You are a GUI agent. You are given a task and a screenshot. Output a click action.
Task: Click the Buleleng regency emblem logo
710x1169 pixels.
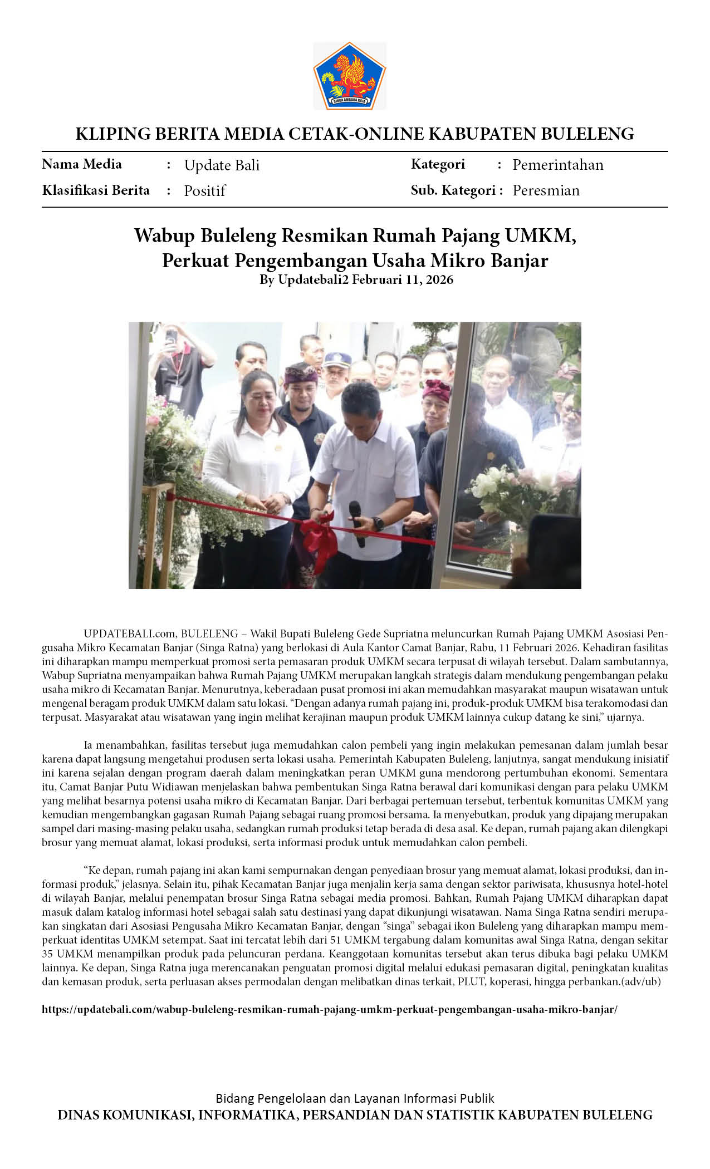(x=350, y=76)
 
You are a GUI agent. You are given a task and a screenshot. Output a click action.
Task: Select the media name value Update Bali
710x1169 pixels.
(x=222, y=165)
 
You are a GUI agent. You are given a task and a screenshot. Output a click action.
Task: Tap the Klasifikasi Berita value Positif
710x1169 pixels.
(x=204, y=191)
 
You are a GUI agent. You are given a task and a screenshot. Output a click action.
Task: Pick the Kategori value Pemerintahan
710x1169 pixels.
(x=557, y=165)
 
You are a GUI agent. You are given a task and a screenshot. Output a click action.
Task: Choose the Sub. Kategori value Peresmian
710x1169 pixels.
(x=546, y=190)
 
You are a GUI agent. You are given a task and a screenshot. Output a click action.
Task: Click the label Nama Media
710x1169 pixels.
(x=82, y=164)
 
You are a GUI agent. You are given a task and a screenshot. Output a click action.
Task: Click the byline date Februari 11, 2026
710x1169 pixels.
(x=403, y=279)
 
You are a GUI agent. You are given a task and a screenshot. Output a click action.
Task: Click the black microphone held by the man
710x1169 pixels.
(x=356, y=520)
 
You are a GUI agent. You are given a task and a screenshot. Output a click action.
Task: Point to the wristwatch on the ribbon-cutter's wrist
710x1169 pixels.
(x=379, y=524)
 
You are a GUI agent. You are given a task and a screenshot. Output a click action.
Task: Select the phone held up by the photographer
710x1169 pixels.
(x=172, y=337)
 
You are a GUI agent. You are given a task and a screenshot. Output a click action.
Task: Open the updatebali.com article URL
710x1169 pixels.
(x=330, y=1010)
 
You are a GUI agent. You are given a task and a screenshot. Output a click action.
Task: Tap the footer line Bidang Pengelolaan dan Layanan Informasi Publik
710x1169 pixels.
(x=355, y=1098)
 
